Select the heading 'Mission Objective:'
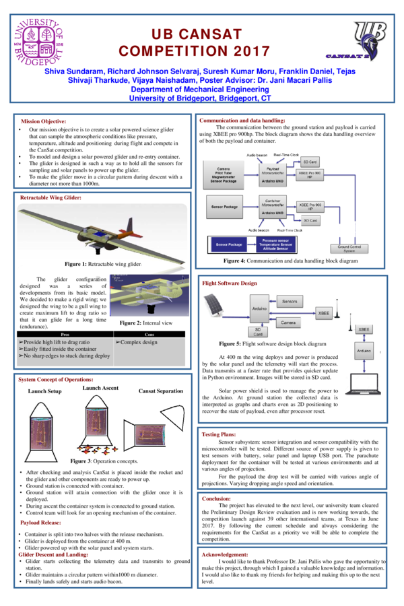[44, 121]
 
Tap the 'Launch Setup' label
[44, 391]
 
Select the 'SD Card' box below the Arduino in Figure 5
[258, 331]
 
